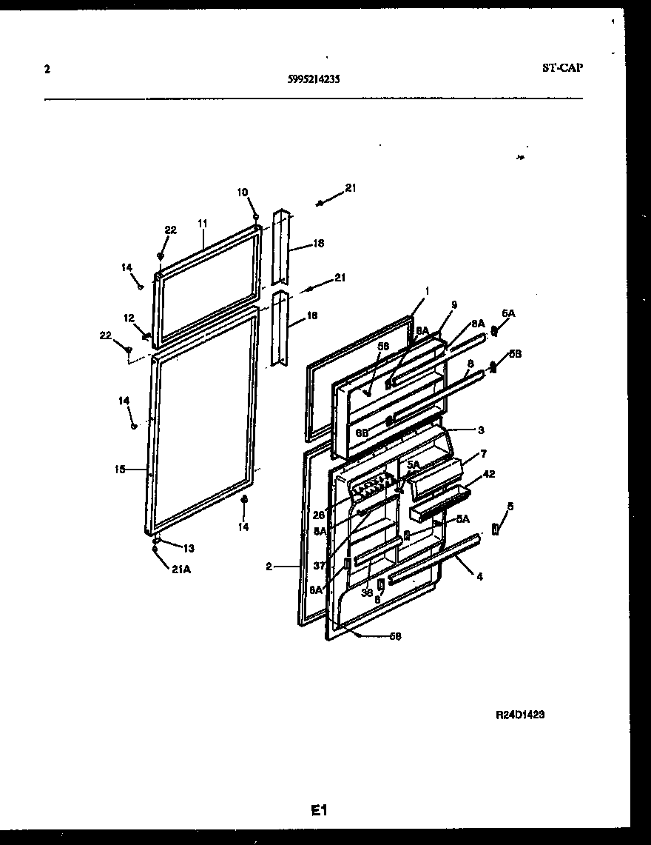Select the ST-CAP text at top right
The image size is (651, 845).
point(562,68)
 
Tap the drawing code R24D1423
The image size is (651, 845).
point(521,715)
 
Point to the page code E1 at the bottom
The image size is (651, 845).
point(319,811)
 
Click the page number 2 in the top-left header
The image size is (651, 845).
point(47,70)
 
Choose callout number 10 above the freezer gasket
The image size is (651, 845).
point(243,193)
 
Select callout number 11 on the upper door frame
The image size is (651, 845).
point(203,223)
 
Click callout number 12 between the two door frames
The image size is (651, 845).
point(129,318)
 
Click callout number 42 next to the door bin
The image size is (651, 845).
point(489,474)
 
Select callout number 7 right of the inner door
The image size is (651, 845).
point(483,452)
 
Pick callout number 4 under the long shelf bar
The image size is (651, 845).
point(479,575)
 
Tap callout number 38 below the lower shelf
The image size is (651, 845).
point(366,592)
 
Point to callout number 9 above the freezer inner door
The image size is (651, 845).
point(453,304)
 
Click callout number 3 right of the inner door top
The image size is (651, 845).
point(480,430)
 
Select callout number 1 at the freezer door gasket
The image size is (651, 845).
point(426,290)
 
